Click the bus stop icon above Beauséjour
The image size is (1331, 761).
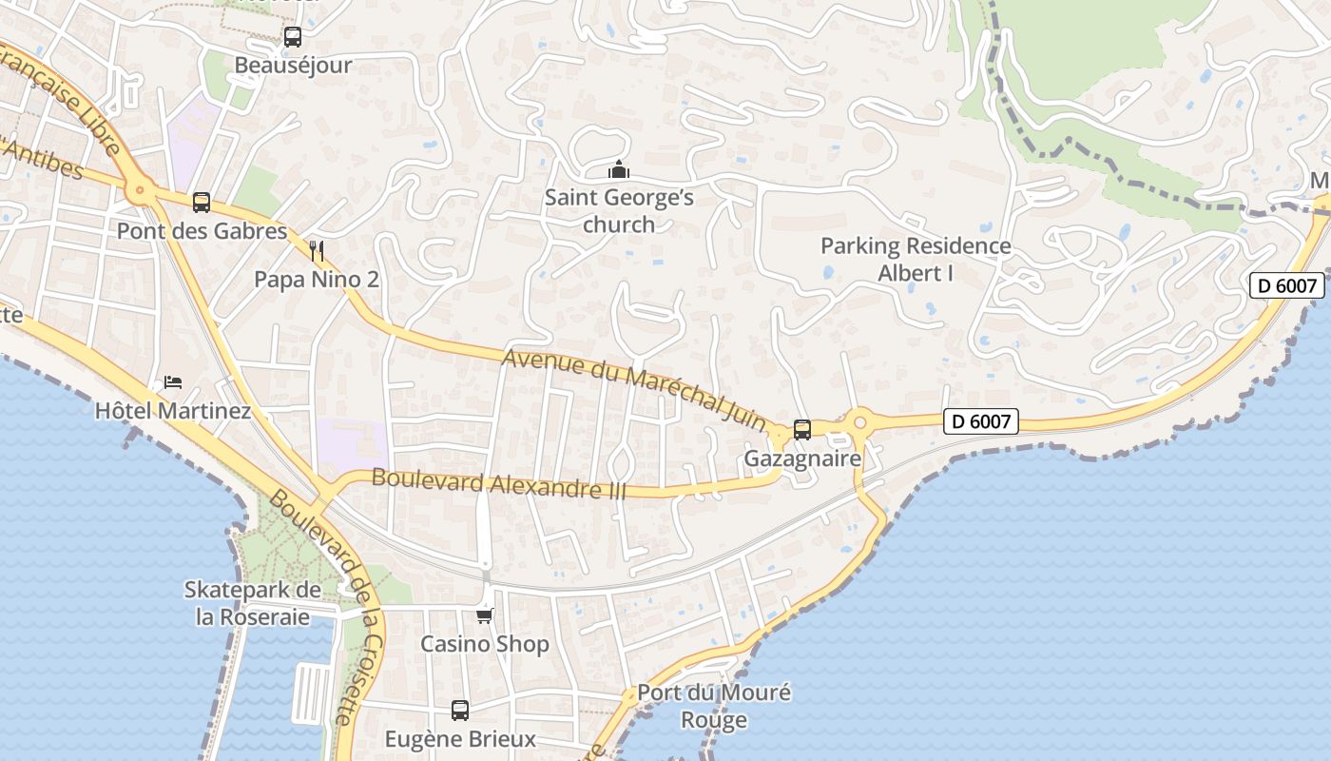pyautogui.click(x=293, y=37)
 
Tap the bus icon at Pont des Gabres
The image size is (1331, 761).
pyautogui.click(x=202, y=202)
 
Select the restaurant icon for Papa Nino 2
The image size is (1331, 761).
pyautogui.click(x=318, y=251)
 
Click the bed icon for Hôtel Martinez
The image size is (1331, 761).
pyautogui.click(x=173, y=382)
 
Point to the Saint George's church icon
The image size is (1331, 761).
pyautogui.click(x=619, y=170)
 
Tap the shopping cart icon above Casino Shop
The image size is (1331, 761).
pyautogui.click(x=485, y=615)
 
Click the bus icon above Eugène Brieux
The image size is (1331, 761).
pyautogui.click(x=460, y=710)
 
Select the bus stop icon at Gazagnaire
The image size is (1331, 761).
pyautogui.click(x=802, y=430)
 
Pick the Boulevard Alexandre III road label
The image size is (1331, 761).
pyautogui.click(x=499, y=484)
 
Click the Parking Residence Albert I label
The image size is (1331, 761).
pyautogui.click(x=916, y=260)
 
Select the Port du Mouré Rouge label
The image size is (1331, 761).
pyautogui.click(x=714, y=706)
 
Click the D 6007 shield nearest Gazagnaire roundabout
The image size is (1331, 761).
pyautogui.click(x=981, y=420)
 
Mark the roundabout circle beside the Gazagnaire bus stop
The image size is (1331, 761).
pyautogui.click(x=860, y=420)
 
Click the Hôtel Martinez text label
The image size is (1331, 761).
pyautogui.click(x=173, y=411)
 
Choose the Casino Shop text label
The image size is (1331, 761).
pyautogui.click(x=485, y=644)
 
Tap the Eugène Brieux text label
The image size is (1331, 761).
pyautogui.click(x=460, y=739)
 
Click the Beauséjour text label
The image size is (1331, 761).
pyautogui.click(x=293, y=66)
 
